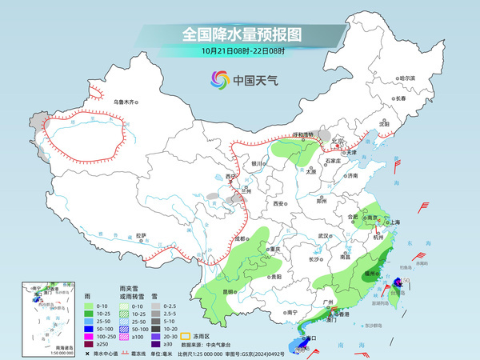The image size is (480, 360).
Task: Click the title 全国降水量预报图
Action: coord(240,34)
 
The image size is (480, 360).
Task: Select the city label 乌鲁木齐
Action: coord(125,102)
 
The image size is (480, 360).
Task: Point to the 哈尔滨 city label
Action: coord(407,78)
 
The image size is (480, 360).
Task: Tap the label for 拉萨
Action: coord(141,235)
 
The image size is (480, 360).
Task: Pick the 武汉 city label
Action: coord(323,236)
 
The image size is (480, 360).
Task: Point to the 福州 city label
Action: coord(369,273)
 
